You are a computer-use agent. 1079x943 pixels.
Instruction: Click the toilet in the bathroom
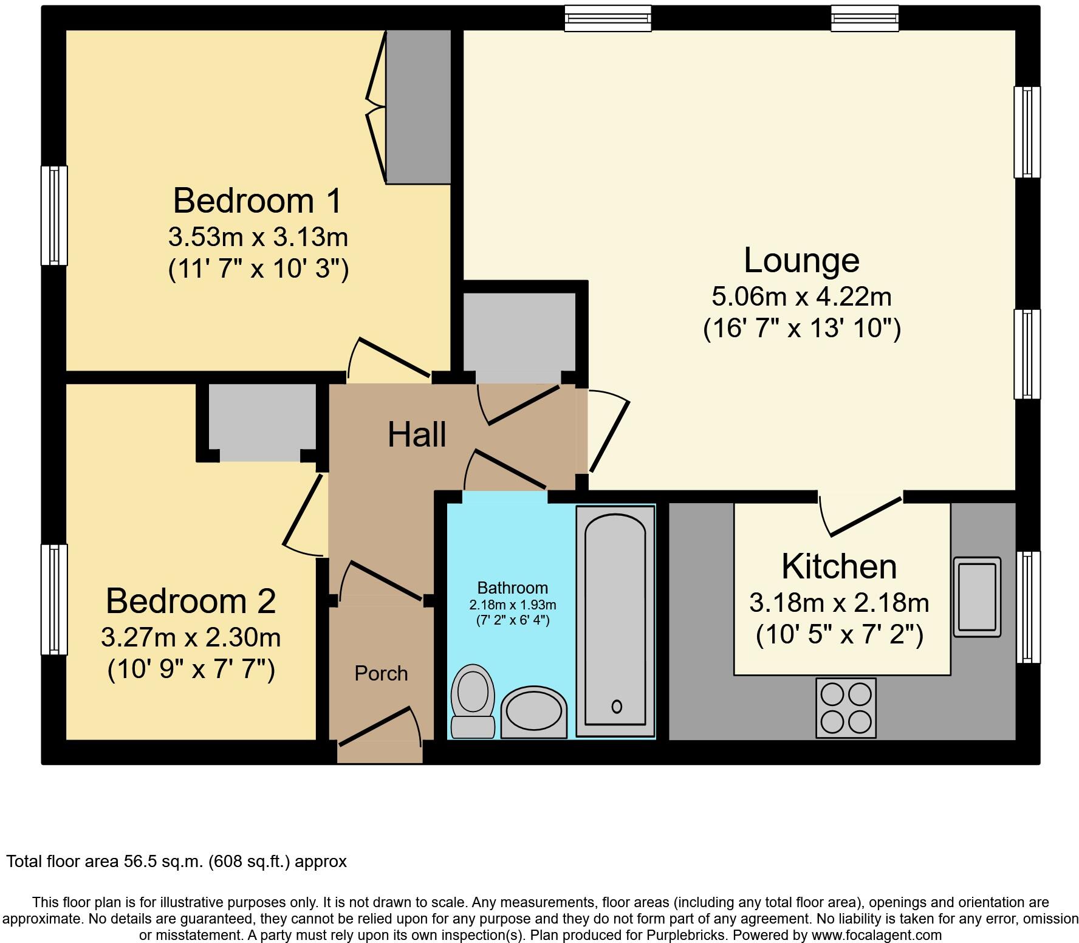click(x=472, y=700)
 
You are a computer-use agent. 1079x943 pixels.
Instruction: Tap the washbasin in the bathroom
click(x=533, y=712)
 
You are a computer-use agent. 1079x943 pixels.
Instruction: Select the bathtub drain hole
click(x=617, y=706)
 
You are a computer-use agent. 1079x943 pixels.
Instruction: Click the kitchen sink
click(x=976, y=597)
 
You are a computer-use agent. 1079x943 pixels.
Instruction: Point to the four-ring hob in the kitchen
click(x=846, y=708)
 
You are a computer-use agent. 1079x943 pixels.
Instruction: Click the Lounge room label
click(x=801, y=260)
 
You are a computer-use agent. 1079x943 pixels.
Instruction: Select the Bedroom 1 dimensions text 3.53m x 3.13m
click(x=258, y=236)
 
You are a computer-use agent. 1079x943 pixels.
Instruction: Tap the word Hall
click(x=417, y=435)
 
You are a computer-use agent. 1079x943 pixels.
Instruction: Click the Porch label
click(x=381, y=673)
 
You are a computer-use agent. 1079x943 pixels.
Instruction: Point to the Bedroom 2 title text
click(x=191, y=600)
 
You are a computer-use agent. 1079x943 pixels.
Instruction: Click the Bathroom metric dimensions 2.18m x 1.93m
click(x=512, y=605)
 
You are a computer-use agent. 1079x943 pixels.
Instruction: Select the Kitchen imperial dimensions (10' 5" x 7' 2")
click(x=839, y=636)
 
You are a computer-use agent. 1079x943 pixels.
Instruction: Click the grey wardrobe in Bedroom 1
click(x=419, y=107)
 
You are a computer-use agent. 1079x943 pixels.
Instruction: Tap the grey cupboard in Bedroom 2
click(x=262, y=420)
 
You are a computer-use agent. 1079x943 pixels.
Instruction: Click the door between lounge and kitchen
click(x=861, y=515)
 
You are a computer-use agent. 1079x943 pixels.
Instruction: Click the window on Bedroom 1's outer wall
click(x=54, y=215)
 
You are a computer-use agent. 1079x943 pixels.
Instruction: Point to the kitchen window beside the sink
click(x=1028, y=606)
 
